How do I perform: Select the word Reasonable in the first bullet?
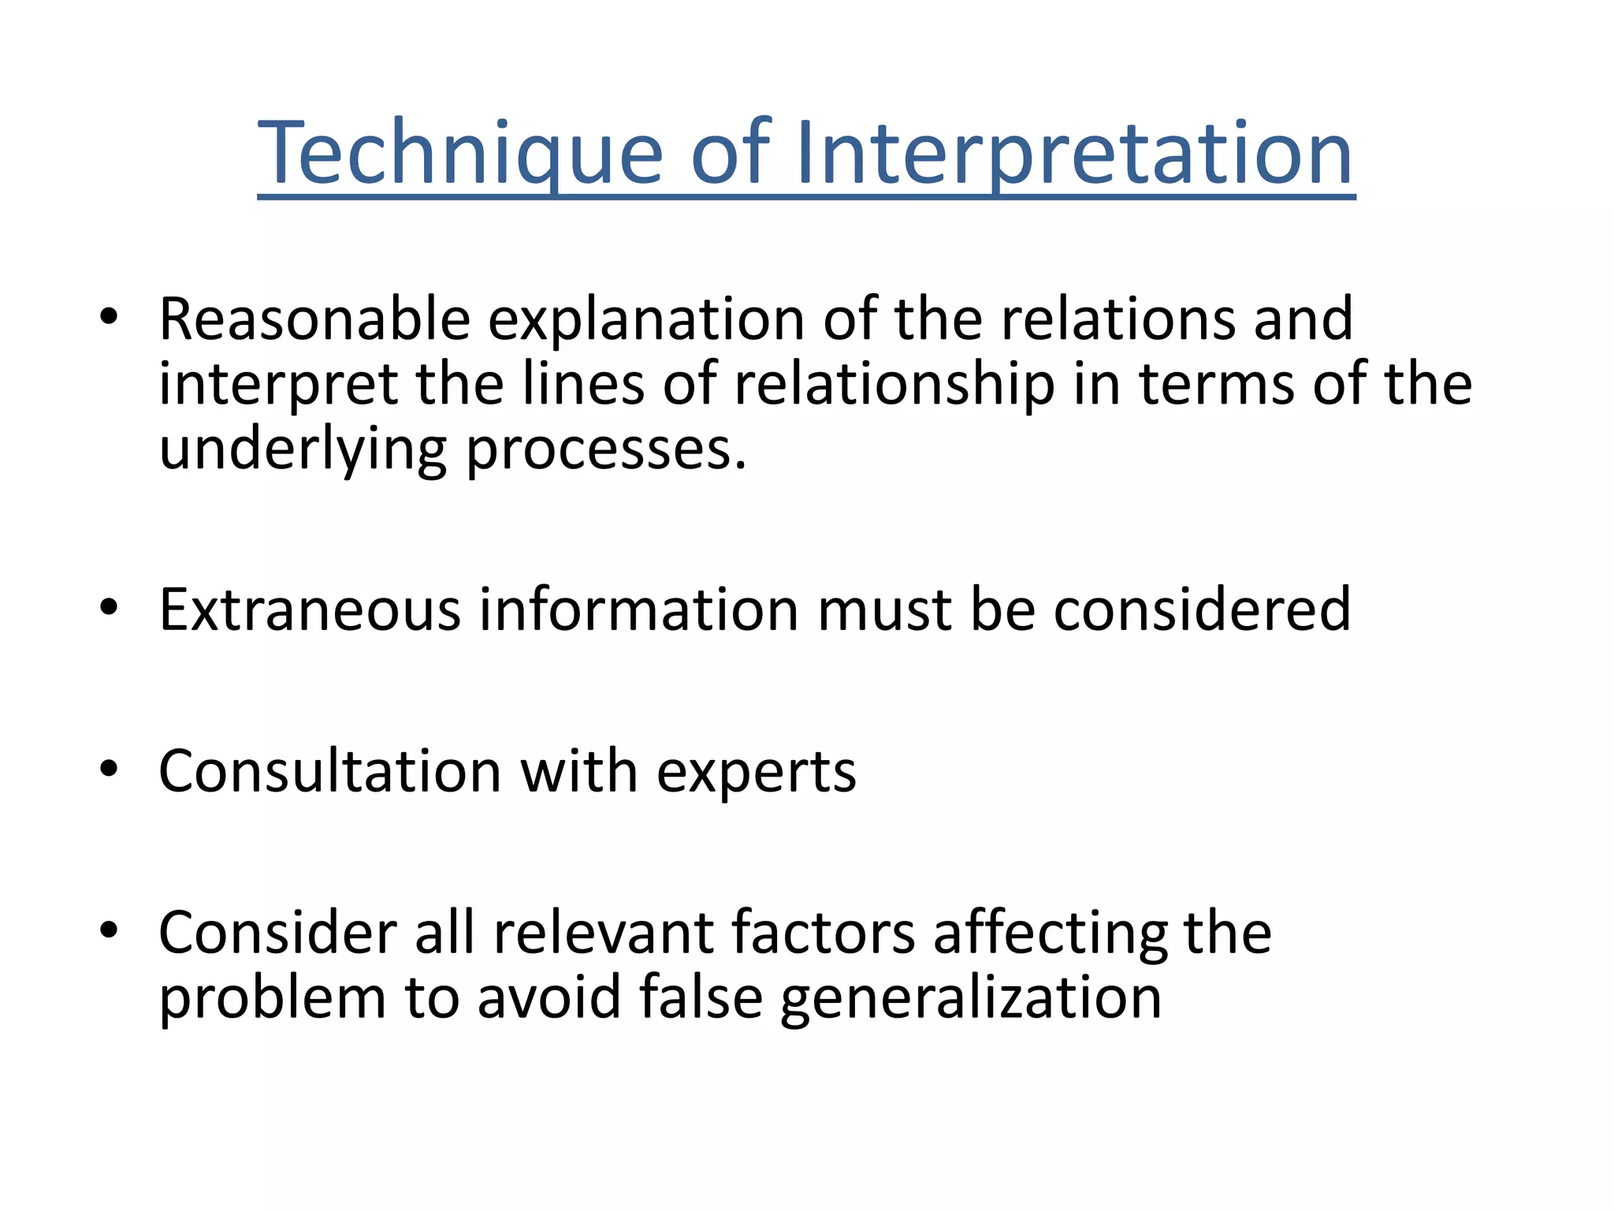[x=314, y=319]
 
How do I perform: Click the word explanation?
[x=646, y=319]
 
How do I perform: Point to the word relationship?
[x=894, y=385]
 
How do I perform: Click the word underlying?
[x=303, y=449]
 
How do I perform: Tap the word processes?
[x=606, y=449]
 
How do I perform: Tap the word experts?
[x=756, y=773]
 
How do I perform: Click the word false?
[x=701, y=997]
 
